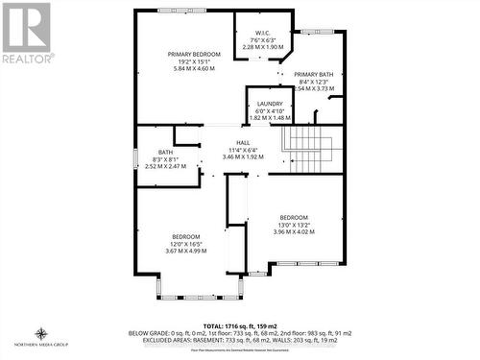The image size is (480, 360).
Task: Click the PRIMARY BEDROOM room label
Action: (x=186, y=53)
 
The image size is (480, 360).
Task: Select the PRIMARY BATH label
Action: (x=313, y=74)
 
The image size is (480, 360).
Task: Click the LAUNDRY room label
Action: (x=269, y=103)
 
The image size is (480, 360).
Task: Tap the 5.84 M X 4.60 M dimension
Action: (x=186, y=68)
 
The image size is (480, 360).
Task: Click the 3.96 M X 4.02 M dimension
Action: (x=294, y=231)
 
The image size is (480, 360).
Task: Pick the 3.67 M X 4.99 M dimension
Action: (x=185, y=252)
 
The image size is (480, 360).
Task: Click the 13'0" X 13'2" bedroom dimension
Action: (x=294, y=224)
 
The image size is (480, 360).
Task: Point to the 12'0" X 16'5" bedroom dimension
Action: (x=185, y=244)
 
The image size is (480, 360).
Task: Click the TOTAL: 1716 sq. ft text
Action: (x=239, y=325)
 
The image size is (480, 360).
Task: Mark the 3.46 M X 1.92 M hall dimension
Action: (x=229, y=156)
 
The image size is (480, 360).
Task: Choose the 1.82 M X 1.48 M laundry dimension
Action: (x=269, y=117)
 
